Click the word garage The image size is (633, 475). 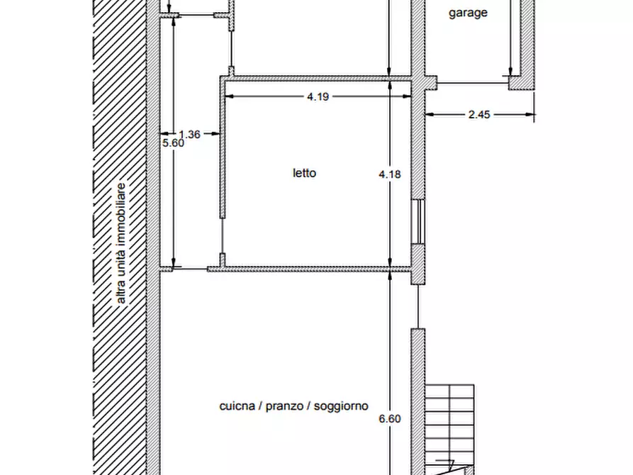(468, 13)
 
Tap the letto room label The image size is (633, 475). (304, 173)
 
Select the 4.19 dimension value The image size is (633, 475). (318, 96)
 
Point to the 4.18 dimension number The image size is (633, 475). (390, 174)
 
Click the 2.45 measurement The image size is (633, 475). (479, 114)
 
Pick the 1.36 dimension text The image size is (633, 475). (190, 134)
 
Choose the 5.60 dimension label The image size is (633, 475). (173, 143)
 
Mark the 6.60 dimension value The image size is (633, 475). (390, 418)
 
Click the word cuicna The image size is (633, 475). (237, 406)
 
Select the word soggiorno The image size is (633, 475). (341, 406)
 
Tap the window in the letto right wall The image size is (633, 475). (419, 221)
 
